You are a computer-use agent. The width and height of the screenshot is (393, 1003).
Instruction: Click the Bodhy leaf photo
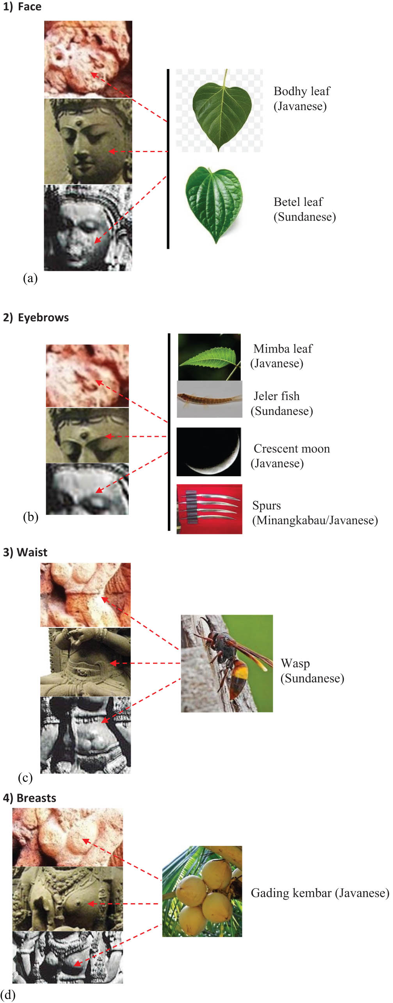219,110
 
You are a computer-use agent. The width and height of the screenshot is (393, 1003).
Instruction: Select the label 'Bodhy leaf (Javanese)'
302,99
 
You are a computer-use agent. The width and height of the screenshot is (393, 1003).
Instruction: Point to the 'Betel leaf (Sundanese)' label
304,209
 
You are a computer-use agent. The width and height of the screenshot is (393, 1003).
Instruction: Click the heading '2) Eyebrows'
36,318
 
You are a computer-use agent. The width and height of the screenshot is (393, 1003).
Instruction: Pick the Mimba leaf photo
210,357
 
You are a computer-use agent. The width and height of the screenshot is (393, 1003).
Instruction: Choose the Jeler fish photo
210,399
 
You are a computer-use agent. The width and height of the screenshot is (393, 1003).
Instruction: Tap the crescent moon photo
209,452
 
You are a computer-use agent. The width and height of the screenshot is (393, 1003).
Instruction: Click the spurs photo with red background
209,509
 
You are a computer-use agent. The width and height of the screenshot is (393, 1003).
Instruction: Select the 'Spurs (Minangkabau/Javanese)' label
315,513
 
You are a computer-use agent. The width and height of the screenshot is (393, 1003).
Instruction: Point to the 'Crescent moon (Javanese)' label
290,456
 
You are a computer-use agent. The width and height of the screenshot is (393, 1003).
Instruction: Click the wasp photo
227,663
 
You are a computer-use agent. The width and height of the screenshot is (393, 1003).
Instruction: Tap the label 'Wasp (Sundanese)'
312,671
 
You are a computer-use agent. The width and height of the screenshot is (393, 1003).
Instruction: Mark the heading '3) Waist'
25,553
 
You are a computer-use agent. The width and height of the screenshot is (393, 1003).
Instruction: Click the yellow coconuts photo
202,891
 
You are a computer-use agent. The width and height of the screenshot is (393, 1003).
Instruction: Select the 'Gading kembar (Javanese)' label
320,893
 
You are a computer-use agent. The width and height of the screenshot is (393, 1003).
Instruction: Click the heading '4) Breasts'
29,798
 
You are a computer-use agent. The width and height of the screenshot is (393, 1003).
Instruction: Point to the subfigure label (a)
30,278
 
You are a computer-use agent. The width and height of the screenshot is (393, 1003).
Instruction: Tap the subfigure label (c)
25,778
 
